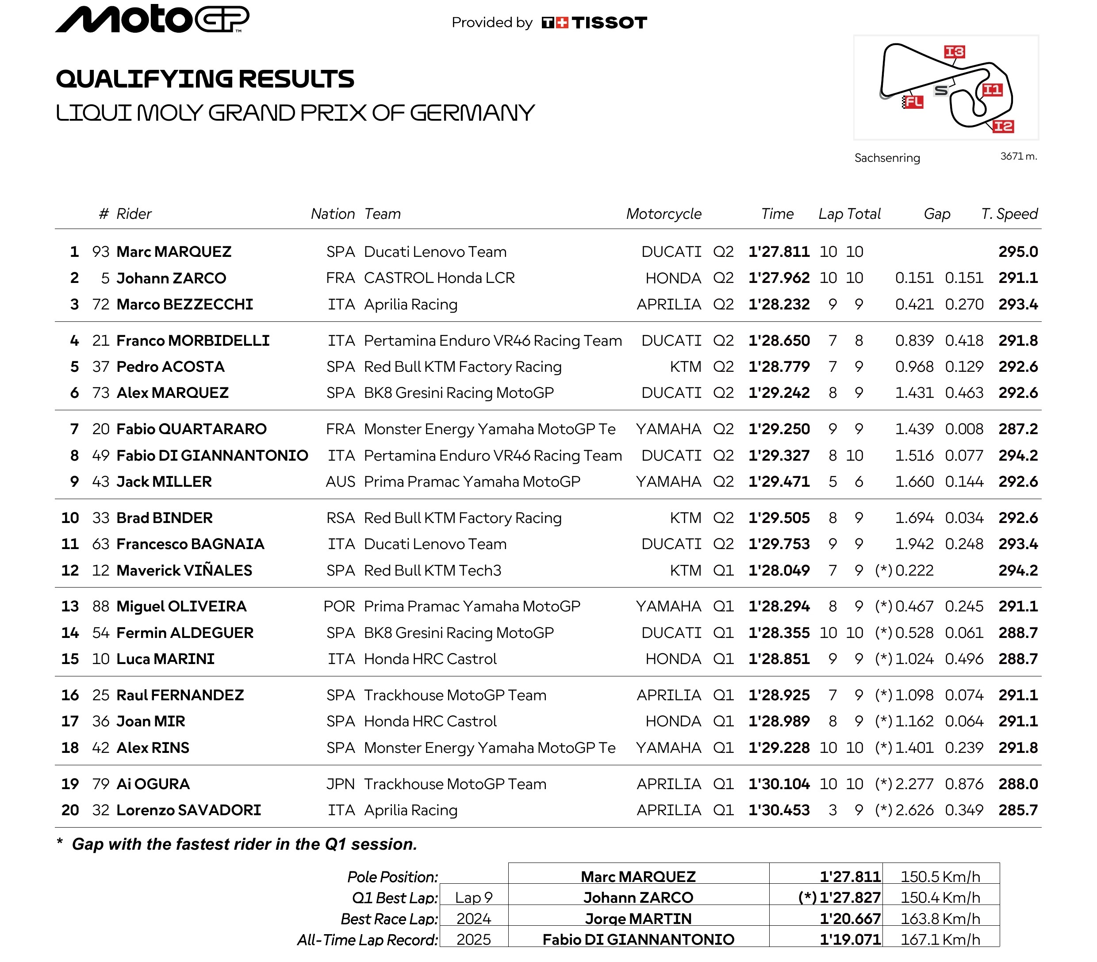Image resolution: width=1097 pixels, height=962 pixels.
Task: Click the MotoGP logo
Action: click(152, 19)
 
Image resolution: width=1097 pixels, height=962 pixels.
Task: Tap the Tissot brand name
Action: click(609, 23)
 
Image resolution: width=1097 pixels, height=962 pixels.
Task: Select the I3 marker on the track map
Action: click(954, 52)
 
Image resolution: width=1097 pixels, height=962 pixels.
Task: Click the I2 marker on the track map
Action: click(1002, 126)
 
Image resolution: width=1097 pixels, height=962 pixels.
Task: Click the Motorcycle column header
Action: click(664, 214)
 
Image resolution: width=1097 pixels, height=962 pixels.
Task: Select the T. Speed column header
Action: click(1009, 214)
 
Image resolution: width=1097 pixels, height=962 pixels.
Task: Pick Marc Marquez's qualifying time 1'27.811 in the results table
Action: click(779, 252)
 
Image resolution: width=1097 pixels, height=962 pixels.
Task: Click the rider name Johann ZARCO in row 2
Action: click(171, 278)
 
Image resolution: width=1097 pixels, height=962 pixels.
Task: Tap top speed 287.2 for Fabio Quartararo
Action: click(1017, 429)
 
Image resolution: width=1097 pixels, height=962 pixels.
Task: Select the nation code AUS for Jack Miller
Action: click(340, 482)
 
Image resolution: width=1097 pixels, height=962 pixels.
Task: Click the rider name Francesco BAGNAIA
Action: click(190, 544)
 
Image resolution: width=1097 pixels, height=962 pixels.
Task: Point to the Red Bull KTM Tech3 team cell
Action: click(432, 570)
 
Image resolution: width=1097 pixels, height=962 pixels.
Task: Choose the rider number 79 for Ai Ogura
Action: click(100, 784)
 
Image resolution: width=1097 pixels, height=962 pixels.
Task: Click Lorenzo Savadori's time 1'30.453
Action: click(779, 810)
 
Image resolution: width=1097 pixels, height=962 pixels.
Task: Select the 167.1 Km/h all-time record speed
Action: click(940, 939)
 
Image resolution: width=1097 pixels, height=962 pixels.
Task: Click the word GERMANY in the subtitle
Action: click(472, 113)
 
